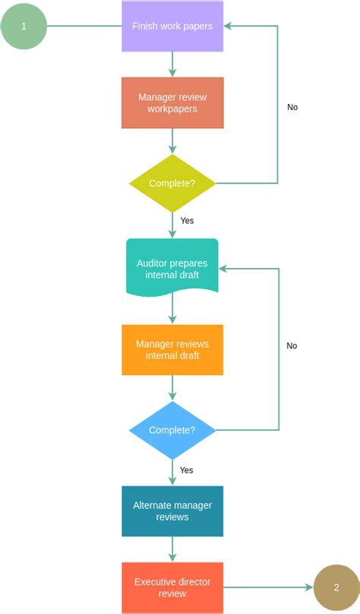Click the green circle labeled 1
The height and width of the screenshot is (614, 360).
(24, 26)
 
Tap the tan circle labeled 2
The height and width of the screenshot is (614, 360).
(336, 587)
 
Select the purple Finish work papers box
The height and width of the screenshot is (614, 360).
(172, 26)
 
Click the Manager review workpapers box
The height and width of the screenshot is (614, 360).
(172, 102)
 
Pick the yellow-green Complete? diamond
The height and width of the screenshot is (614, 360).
(172, 183)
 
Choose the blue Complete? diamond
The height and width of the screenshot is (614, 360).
(172, 430)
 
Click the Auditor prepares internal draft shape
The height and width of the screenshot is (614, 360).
(172, 268)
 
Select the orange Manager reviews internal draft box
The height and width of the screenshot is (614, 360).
(172, 350)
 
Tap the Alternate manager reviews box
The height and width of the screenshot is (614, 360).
(172, 511)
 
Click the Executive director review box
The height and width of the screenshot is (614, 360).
(172, 587)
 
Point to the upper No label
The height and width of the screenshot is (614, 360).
(292, 107)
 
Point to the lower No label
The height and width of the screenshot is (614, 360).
(292, 345)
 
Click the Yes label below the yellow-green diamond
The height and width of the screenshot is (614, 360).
(187, 220)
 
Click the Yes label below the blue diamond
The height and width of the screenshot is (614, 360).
(187, 470)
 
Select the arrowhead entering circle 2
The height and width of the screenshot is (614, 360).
(308, 587)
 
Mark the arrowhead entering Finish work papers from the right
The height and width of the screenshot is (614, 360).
(229, 26)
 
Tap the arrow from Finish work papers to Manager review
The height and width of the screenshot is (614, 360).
(172, 64)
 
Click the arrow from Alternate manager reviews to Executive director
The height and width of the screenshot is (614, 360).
(172, 549)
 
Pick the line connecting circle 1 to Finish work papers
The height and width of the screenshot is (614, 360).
(84, 26)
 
